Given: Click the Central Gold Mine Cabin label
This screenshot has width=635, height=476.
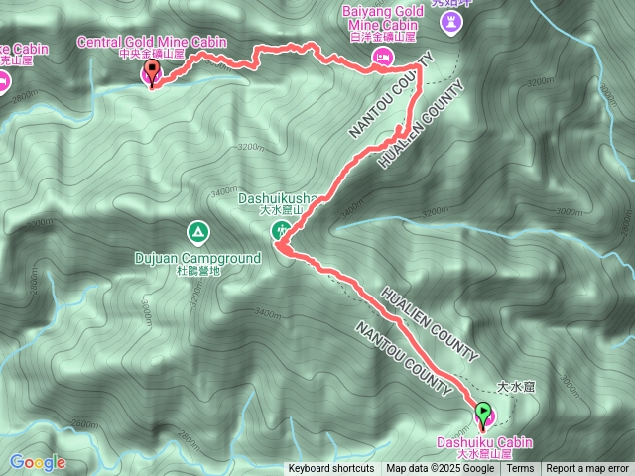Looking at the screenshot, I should [x=154, y=42].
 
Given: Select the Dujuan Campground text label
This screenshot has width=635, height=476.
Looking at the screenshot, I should [x=197, y=258].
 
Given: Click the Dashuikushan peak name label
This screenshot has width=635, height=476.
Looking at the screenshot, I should [x=277, y=198].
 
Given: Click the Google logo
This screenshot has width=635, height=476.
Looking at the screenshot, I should [x=38, y=462].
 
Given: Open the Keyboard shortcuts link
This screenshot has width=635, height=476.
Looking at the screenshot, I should [x=331, y=469].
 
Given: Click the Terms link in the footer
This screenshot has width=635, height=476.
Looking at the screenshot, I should [x=521, y=469].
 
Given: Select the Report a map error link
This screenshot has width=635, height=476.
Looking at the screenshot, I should [x=587, y=469].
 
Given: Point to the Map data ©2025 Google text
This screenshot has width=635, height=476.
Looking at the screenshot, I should [x=441, y=469].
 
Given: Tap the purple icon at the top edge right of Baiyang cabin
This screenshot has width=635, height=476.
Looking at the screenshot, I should [x=454, y=22].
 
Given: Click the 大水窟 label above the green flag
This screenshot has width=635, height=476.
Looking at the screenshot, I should [x=516, y=388].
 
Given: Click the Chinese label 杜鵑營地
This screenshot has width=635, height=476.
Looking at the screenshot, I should [x=197, y=270].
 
